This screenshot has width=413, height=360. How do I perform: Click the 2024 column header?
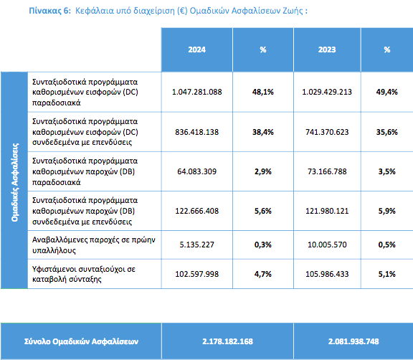pos(196,49)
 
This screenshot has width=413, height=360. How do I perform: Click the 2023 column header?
pos(327,49)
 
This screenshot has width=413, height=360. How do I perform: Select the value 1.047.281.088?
pos(196,92)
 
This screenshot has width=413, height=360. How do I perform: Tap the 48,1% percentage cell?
pos(263,92)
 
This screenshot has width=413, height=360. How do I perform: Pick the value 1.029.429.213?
pos(327,92)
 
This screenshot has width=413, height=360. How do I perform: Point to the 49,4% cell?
pos(387,92)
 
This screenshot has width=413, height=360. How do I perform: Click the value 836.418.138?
pos(196,132)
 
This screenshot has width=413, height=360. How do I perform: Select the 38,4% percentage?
pos(263,132)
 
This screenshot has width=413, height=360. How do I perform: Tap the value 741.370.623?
pos(327,132)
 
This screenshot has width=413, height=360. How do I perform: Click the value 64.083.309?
pos(196,171)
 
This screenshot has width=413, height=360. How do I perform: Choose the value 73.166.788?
pos(327,171)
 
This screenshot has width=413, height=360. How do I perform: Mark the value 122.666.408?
pos(196,211)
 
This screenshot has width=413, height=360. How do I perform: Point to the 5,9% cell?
pos(387,211)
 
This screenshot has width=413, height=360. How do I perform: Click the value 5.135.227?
pos(196,245)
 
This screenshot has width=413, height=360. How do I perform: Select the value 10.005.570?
pos(327,245)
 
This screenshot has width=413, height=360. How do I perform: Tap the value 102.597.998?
pos(196,274)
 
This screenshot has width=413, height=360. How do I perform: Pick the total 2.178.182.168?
pos(227,341)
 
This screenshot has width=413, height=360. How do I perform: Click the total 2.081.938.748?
pos(353,341)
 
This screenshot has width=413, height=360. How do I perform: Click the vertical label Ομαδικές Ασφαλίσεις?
pos(15,182)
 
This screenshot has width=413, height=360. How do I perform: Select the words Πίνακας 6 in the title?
pos(49,11)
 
